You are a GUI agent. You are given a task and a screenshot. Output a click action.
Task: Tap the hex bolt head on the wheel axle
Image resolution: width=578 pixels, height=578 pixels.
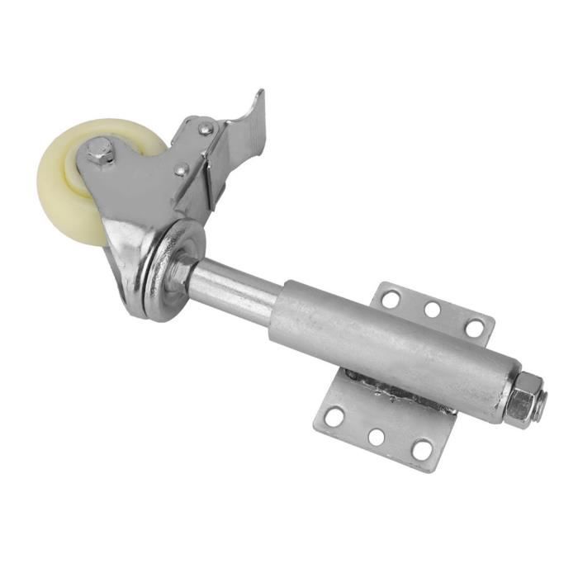tap(101, 152)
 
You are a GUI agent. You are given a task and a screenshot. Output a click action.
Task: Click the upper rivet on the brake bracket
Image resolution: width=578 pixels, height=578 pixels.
tap(204, 129)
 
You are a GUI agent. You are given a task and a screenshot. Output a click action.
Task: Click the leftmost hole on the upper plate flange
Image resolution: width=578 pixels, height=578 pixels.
tap(392, 298)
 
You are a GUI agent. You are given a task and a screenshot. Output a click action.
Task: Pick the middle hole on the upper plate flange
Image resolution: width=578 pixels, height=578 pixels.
tap(432, 310)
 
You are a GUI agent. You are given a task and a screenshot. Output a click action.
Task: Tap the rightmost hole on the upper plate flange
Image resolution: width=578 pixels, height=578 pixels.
tap(474, 327)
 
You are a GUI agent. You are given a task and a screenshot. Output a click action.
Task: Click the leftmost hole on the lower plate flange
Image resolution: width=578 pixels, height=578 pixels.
tap(334, 417)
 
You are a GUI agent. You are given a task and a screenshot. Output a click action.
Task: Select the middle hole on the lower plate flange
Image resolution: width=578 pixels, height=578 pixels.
tap(377, 436)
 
